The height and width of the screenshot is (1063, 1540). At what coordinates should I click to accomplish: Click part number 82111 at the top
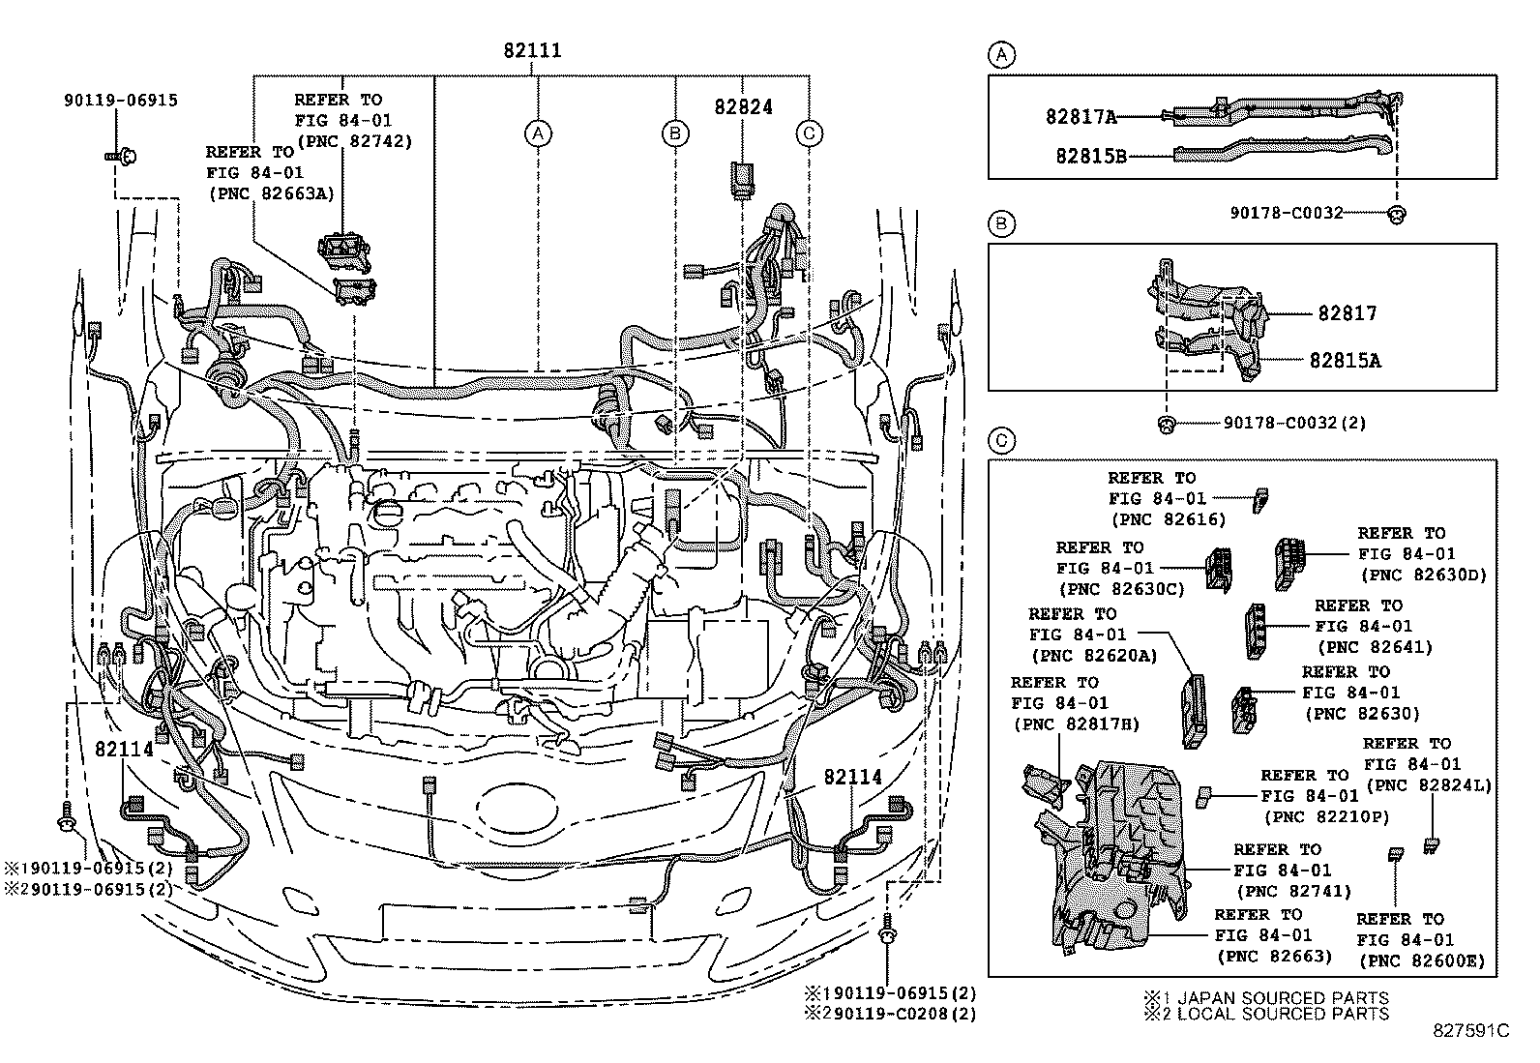coord(532,51)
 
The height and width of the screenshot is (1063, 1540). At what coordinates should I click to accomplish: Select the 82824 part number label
coord(744,107)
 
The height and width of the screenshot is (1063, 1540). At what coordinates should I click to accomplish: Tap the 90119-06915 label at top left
coord(122,100)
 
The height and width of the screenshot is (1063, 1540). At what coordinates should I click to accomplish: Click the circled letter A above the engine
coord(539,133)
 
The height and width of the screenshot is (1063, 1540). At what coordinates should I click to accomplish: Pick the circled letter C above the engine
coord(810,133)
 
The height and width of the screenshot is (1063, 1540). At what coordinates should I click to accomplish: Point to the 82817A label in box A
coord(1081,117)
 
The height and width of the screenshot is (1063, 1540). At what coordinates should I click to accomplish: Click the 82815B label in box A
coord(1091,155)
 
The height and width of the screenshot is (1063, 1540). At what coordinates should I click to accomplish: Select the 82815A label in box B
coord(1345,360)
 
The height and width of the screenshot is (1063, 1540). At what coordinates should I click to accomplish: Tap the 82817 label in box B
coord(1347,313)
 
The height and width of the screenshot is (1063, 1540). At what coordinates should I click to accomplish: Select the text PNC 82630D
coord(1422,575)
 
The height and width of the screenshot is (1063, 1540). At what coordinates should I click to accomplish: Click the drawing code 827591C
coord(1471,1031)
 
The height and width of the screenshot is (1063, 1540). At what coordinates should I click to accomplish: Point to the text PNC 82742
coord(354,141)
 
